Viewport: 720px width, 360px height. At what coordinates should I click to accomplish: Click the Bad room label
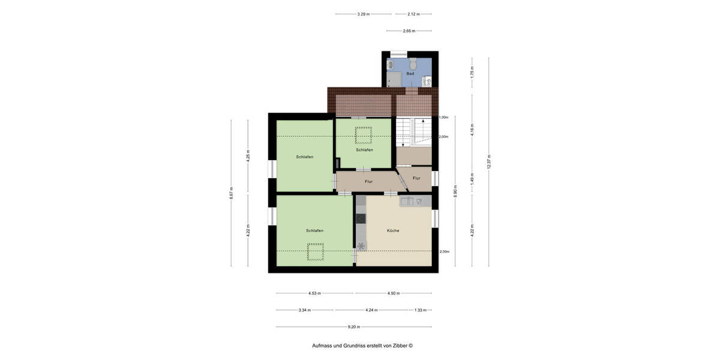(410, 74)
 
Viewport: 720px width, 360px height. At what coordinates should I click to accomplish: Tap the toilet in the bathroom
(413, 63)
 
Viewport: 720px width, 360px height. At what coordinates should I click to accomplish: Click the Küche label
(393, 230)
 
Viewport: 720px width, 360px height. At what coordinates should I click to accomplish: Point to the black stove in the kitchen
(361, 219)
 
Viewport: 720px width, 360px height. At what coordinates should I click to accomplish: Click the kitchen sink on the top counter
(412, 202)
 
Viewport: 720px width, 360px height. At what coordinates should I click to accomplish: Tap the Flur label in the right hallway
(416, 178)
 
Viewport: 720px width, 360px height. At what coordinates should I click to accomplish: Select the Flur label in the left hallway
(369, 181)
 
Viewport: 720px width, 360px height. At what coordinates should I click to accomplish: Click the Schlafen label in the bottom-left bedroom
(314, 230)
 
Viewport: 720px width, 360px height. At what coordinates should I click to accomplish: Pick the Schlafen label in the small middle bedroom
(364, 150)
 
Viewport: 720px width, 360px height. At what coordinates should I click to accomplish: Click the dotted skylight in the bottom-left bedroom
(316, 252)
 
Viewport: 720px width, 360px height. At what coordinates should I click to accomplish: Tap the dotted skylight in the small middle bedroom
(364, 135)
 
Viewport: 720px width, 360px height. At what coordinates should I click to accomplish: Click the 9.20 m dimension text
(354, 327)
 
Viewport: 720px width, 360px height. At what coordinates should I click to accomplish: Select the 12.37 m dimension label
(490, 162)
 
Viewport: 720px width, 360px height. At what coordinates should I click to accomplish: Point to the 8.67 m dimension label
(232, 193)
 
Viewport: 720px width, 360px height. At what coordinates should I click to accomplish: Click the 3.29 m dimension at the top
(363, 14)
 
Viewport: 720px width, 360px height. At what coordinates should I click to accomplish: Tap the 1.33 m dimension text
(420, 310)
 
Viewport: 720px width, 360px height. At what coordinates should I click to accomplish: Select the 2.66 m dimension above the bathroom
(410, 30)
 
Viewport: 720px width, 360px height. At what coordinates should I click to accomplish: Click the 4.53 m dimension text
(314, 293)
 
